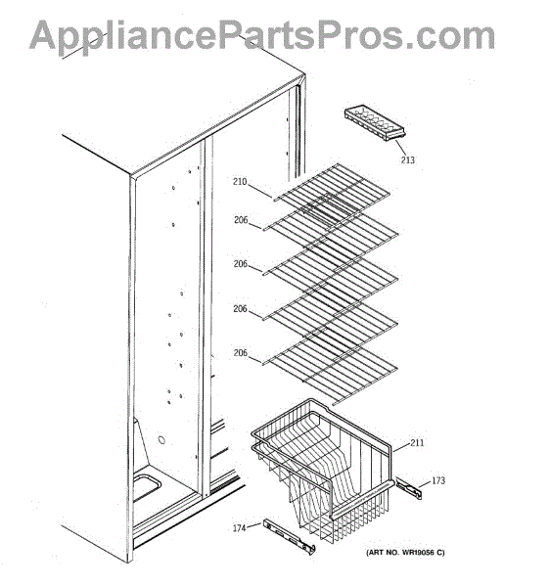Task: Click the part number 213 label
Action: point(408,159)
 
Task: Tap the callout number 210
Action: point(240,182)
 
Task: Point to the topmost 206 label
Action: point(241,220)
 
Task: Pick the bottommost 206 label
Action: point(241,352)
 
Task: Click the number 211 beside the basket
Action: point(418,443)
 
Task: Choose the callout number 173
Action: point(438,480)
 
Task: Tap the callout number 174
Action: point(240,528)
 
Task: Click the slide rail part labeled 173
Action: point(409,488)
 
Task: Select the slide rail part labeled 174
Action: point(289,536)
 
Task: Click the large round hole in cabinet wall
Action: point(161,439)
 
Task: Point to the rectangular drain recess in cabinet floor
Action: point(147,488)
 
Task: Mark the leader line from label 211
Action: point(401,448)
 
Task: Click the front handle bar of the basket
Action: point(362,501)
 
